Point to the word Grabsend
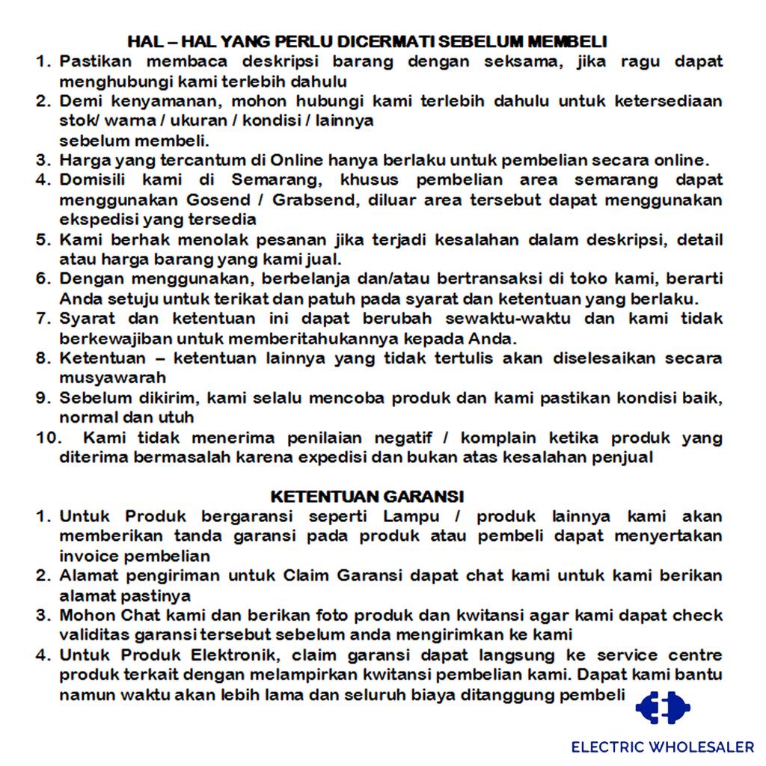pyautogui.click(x=309, y=200)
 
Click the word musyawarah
pyautogui.click(x=113, y=378)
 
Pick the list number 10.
pyautogui.click(x=46, y=438)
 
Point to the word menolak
pyautogui.click(x=213, y=240)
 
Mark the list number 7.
pyautogui.click(x=43, y=319)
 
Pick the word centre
pyautogui.click(x=695, y=655)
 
